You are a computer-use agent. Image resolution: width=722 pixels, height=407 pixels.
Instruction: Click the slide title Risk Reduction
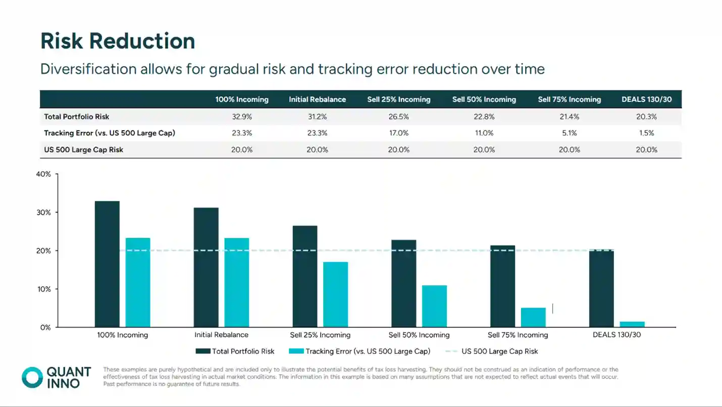point(118,41)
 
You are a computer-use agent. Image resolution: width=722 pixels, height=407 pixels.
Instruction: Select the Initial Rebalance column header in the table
point(317,99)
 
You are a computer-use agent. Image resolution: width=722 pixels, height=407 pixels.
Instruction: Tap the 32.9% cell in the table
point(242,117)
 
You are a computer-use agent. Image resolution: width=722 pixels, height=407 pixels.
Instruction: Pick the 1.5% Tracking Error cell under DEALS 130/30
point(646,133)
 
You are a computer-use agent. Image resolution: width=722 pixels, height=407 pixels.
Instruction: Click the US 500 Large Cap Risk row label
point(83,150)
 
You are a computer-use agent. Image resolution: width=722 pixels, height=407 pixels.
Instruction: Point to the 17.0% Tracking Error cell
point(398,133)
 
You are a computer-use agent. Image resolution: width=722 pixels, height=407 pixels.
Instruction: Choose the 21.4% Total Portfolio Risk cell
point(569,117)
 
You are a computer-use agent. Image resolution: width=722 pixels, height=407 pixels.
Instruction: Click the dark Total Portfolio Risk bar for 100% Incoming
point(107,264)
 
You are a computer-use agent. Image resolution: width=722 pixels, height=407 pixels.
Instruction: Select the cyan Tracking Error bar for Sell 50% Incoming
point(434,306)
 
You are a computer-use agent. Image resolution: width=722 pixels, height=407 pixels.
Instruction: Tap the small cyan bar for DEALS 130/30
point(632,324)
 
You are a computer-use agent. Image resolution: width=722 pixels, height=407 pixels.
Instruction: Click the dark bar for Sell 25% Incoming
point(305,276)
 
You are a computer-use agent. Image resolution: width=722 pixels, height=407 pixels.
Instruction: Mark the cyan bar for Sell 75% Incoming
point(533,317)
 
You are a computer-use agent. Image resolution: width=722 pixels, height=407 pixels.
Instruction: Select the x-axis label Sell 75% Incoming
point(518,335)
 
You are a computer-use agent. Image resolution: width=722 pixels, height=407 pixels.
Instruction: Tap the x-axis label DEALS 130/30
point(616,335)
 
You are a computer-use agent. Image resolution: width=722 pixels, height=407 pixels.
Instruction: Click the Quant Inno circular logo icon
point(32,377)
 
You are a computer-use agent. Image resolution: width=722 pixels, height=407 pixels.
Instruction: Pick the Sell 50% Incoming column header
point(484,99)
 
